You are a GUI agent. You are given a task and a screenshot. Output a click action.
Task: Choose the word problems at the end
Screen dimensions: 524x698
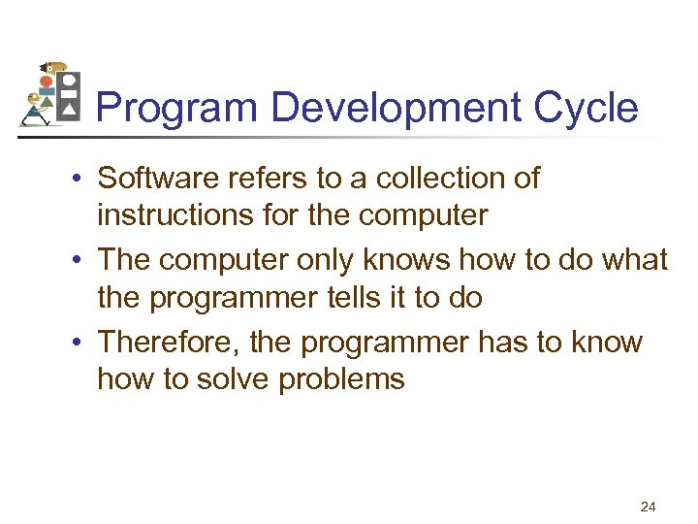341,379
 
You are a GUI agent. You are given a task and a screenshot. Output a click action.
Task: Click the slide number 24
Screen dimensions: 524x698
649,506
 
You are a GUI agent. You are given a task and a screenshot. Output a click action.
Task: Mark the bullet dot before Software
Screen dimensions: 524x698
84,180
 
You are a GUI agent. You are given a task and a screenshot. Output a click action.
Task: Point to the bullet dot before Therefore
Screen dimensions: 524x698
84,344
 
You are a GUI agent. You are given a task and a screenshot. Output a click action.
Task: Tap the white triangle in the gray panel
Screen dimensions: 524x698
68,112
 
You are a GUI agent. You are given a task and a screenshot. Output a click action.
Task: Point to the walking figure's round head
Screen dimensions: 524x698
35,98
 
